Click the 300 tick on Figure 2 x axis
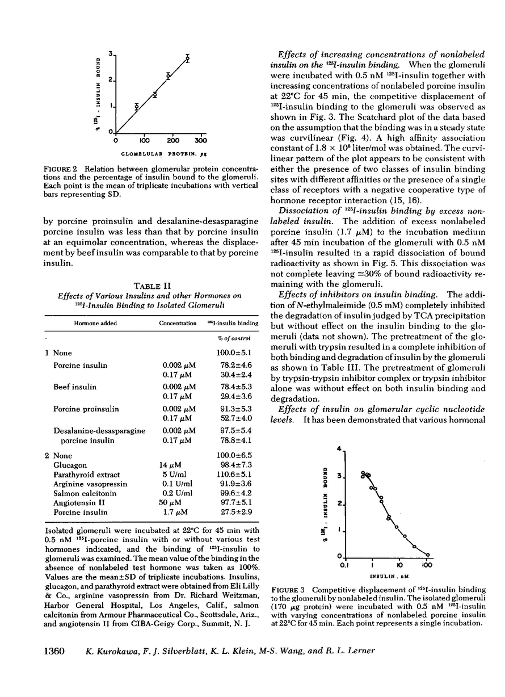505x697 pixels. (200, 140)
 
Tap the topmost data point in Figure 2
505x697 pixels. (187, 58)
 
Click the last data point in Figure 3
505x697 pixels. (427, 555)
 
